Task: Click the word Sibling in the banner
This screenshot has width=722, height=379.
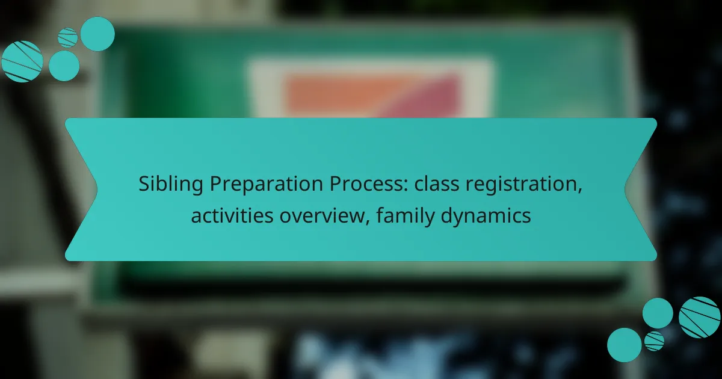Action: point(171,184)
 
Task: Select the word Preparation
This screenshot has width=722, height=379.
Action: point(266,185)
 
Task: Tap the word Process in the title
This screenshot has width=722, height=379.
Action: point(366,183)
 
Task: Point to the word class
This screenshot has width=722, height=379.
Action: point(437,183)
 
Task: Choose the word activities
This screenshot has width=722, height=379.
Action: point(232,215)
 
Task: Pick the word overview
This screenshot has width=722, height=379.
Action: point(322,216)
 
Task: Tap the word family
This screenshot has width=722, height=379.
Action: point(405,216)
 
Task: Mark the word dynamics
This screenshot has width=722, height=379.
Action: point(486,216)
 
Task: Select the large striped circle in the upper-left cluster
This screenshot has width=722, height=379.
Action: point(22,61)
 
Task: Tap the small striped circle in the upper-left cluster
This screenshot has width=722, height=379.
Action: point(67,38)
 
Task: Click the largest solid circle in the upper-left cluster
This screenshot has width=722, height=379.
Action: point(97,34)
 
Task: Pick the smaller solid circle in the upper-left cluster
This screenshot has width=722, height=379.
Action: point(64,66)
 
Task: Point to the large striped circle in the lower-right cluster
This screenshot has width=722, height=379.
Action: point(699,318)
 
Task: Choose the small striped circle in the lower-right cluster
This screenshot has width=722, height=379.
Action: point(655,341)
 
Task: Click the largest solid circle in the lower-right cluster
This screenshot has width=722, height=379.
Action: point(625,345)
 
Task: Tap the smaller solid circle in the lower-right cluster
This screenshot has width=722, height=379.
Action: point(658,313)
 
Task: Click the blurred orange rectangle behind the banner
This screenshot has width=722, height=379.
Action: point(335,96)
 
